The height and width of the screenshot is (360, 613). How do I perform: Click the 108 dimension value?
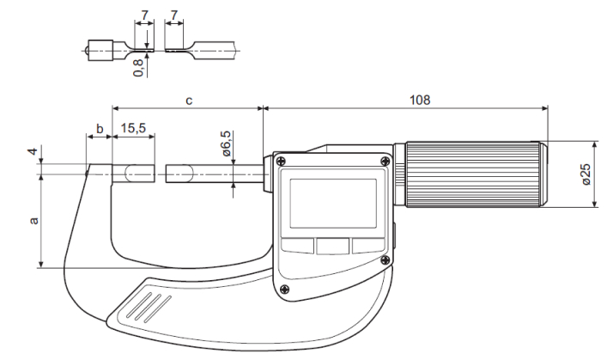point(419,99)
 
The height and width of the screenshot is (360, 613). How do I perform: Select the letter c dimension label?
point(188,101)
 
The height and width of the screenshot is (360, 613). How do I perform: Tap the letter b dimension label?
point(100,129)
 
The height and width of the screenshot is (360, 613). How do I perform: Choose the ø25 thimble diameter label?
point(586,175)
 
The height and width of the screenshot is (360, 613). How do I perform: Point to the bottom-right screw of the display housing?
point(385,259)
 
